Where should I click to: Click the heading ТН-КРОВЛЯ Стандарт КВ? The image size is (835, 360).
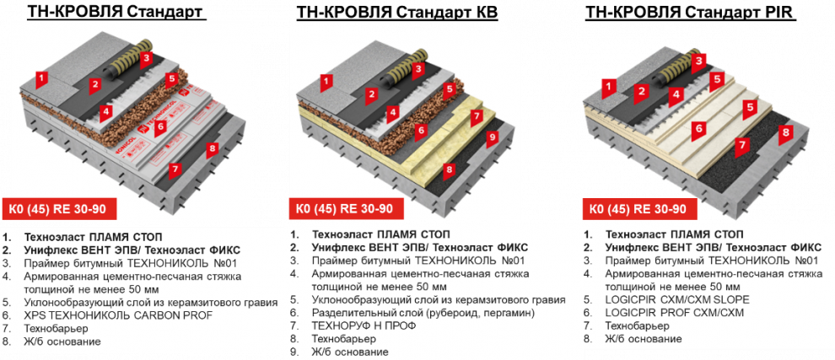[x=397, y=13]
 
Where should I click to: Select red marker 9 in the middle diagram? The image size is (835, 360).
[x=492, y=137]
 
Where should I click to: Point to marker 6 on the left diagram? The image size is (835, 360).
[x=159, y=126]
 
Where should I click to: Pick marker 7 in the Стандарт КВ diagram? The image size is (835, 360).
[x=477, y=116]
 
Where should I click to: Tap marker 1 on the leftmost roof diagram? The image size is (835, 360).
[x=42, y=79]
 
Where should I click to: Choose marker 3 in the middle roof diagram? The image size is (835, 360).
[x=418, y=69]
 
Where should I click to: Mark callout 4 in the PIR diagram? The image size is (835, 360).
[x=676, y=94]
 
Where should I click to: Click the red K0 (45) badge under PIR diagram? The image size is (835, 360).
[x=638, y=209]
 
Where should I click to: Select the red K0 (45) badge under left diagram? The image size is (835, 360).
[x=57, y=209]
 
